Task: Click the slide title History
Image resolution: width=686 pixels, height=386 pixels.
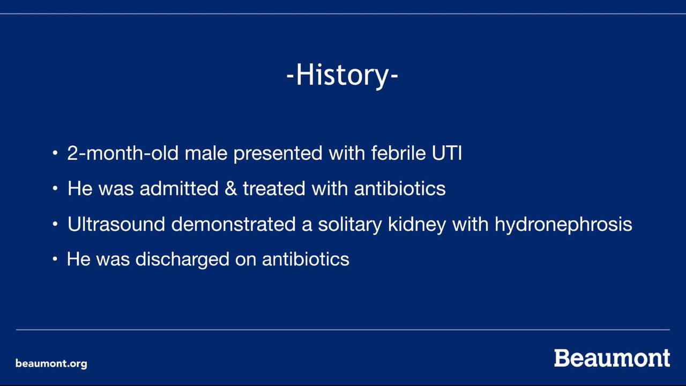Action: pyautogui.click(x=342, y=76)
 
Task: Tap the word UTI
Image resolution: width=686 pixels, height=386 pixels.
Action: pyautogui.click(x=447, y=153)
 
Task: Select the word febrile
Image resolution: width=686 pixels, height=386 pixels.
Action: pyautogui.click(x=398, y=153)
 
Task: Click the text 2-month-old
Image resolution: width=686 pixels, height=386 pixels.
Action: pyautogui.click(x=123, y=153)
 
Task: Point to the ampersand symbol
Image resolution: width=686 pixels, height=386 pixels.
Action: pyautogui.click(x=230, y=188)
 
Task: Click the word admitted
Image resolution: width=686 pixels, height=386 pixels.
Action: pyautogui.click(x=179, y=188)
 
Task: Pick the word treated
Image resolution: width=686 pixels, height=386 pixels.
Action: pyautogui.click(x=274, y=188)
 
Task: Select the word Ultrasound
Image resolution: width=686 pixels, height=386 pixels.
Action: pyautogui.click(x=116, y=224)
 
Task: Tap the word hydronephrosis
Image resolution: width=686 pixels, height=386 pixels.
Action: pyautogui.click(x=563, y=225)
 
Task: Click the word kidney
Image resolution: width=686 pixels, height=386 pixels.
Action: pyautogui.click(x=417, y=225)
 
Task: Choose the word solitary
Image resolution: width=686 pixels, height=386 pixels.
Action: pyautogui.click(x=350, y=225)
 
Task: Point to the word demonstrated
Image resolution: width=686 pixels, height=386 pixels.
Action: pyautogui.click(x=233, y=224)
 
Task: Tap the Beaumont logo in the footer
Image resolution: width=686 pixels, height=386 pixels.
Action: pyautogui.click(x=612, y=358)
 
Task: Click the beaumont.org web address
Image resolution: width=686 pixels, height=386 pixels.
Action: pyautogui.click(x=51, y=363)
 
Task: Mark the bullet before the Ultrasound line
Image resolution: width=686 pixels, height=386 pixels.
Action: pyautogui.click(x=55, y=224)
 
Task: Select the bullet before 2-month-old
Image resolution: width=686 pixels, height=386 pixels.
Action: pyautogui.click(x=55, y=153)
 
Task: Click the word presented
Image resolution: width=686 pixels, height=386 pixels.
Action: pyautogui.click(x=278, y=153)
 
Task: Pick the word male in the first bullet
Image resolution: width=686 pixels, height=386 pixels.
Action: pyautogui.click(x=206, y=153)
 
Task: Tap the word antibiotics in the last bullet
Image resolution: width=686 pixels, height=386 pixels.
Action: pyautogui.click(x=305, y=259)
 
